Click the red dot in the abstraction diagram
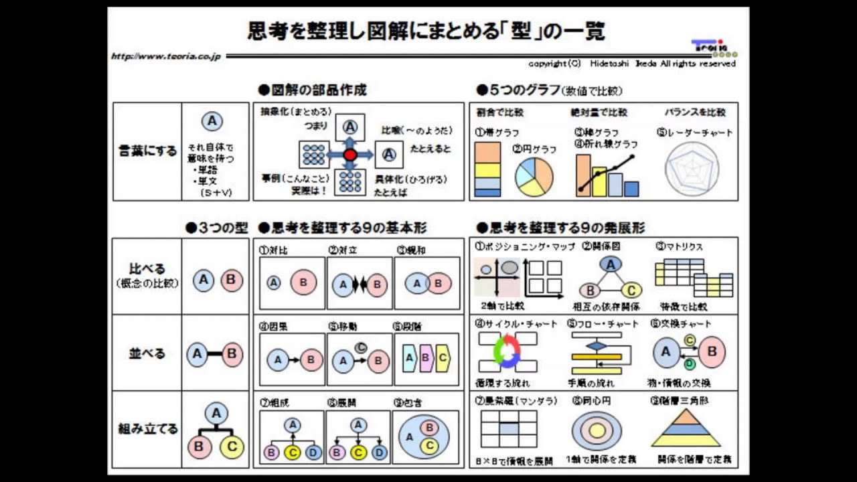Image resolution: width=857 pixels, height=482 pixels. [x=349, y=155]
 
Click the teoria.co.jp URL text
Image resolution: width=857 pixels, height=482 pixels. [x=166, y=57]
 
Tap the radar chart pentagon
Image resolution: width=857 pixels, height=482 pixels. [x=692, y=169]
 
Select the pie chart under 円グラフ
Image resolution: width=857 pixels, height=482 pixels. [x=534, y=177]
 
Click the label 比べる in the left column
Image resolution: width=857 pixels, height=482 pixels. [x=147, y=269]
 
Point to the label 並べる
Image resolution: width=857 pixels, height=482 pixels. [x=147, y=353]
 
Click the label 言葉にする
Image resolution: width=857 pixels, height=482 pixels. [x=147, y=151]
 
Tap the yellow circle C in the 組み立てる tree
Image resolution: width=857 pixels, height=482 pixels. [x=232, y=447]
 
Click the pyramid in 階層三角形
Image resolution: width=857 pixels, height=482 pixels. [x=686, y=428]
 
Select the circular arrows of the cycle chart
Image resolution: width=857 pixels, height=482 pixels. [x=507, y=350]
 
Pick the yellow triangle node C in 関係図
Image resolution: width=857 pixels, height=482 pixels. [x=631, y=290]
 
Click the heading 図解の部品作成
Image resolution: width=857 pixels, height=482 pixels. [x=313, y=90]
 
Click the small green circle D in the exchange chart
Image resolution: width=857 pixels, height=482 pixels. [x=689, y=364]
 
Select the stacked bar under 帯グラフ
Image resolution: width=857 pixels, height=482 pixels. [x=487, y=170]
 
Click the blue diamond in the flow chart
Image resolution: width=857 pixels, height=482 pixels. [x=596, y=346]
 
